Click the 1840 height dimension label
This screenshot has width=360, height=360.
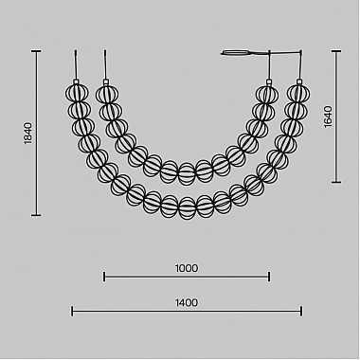pos(28,134)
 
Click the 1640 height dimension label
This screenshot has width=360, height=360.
pos(328,117)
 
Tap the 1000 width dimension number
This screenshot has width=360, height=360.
pos(187,268)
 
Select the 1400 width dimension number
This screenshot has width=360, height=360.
pos(187,303)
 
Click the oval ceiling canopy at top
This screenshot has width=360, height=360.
pos(236,52)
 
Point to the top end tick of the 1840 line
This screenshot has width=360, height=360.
pos(36,51)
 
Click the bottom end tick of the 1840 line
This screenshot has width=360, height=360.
pos(36,215)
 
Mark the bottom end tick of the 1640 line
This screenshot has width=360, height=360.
pos(336,182)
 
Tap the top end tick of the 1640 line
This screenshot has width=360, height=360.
pos(336,51)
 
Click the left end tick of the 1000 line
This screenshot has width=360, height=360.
pos(104,277)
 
